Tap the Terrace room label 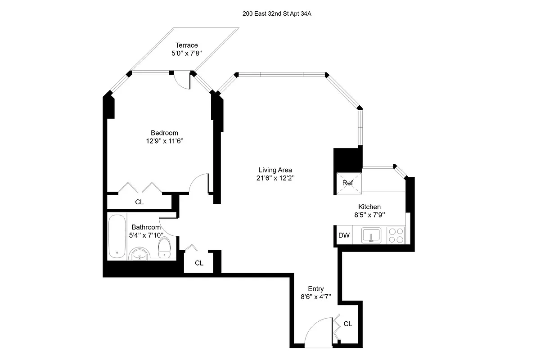pos(186,45)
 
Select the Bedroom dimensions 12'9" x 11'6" pos(164,141)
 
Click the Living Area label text pos(275,170)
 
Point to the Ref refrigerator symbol pos(348,183)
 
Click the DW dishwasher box pos(344,235)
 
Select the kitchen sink pos(371,235)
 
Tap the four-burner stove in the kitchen pos(396,235)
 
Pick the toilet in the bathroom pos(165,248)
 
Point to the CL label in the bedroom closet pos(139,202)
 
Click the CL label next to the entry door pos(348,324)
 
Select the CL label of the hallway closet pos(199,263)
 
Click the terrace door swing pos(182,81)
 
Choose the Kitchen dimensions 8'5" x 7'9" pos(369,215)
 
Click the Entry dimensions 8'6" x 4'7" pos(316,297)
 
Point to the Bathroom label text pos(146,228)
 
